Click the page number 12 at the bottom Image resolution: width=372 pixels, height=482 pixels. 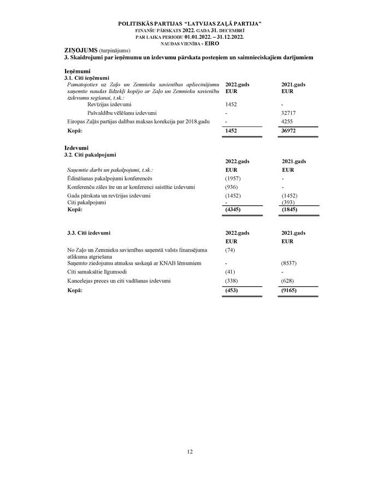tap(190, 451)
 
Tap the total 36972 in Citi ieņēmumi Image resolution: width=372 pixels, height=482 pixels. tap(290, 131)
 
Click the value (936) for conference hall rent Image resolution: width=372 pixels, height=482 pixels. tap(232, 187)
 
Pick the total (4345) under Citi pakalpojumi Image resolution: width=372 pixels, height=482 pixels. tap(233, 210)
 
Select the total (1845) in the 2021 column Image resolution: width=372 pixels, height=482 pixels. tap(290, 210)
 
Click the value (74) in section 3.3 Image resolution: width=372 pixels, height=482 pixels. tap(230, 250)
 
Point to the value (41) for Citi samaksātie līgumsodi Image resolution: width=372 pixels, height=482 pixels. tap(230, 272)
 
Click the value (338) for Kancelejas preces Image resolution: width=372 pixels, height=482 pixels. tap(232, 281)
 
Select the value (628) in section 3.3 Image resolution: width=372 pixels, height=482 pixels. tap(288, 281)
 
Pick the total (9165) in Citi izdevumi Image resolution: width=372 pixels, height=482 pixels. tap(290, 289)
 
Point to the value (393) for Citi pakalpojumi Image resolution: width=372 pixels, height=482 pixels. tap(288, 202)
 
